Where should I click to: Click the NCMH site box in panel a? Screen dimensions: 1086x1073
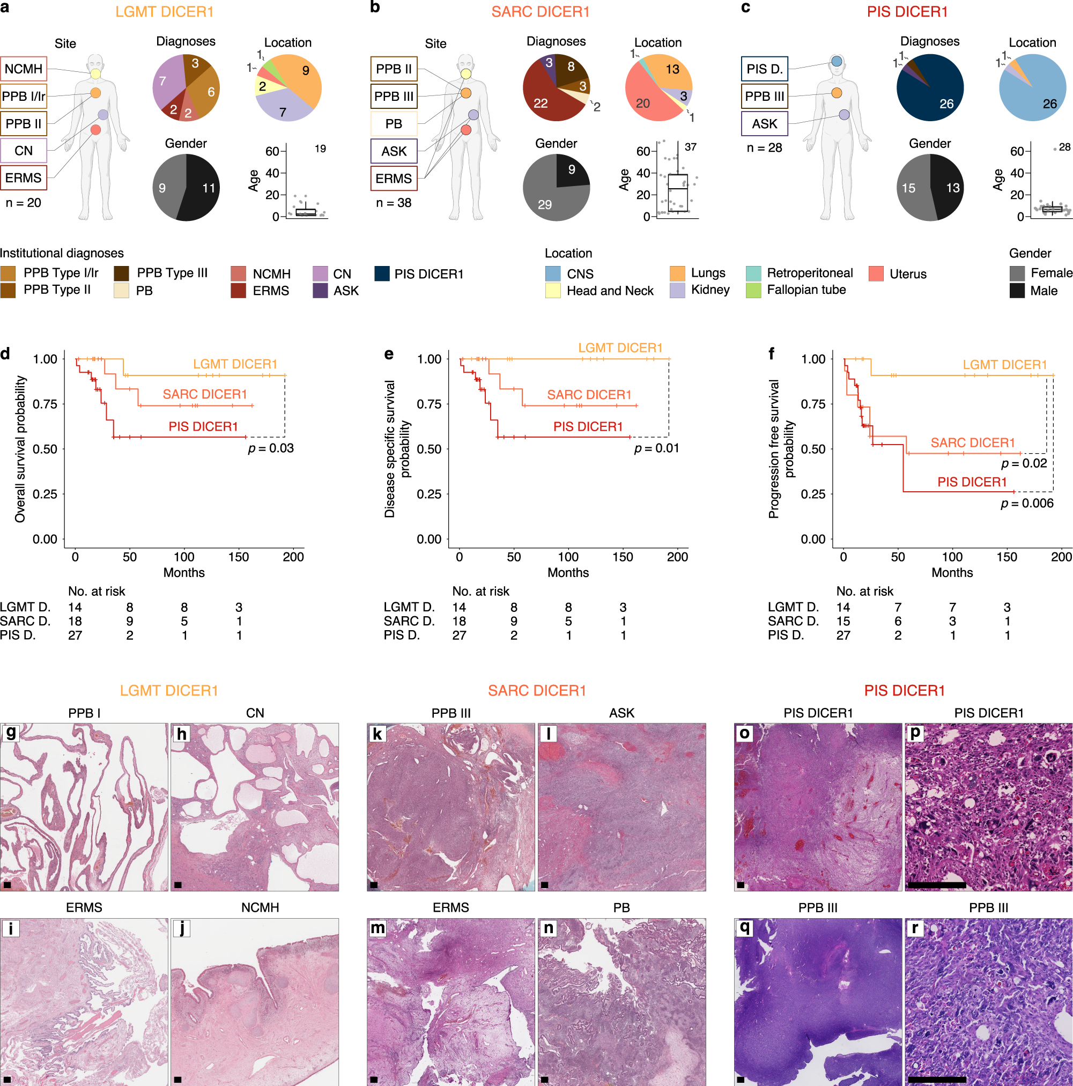(24, 69)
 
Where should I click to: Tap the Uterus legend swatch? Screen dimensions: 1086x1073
(876, 274)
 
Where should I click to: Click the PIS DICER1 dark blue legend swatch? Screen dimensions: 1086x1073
(382, 274)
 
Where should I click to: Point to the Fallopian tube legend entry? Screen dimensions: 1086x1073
(806, 290)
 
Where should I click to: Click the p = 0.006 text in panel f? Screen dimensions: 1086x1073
(1027, 503)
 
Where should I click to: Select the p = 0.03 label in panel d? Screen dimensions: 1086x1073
(271, 448)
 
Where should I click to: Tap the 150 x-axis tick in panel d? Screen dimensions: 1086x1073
(238, 557)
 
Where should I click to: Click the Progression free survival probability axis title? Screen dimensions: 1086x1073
(781, 448)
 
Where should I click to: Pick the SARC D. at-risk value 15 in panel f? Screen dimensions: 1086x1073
(843, 621)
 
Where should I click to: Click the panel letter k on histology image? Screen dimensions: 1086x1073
(377, 734)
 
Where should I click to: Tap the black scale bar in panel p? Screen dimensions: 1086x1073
(936, 885)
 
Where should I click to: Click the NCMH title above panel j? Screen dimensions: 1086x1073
(260, 907)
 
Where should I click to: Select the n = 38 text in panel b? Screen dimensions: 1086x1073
(394, 202)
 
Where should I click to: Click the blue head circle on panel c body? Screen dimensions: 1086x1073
(837, 61)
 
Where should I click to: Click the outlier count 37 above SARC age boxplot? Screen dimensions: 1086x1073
(690, 147)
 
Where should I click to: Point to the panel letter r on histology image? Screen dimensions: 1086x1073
(915, 928)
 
